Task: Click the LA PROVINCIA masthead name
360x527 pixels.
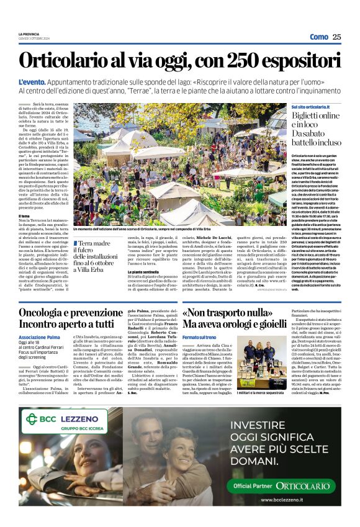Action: point(29,35)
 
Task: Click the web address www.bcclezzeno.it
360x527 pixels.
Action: point(289,500)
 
